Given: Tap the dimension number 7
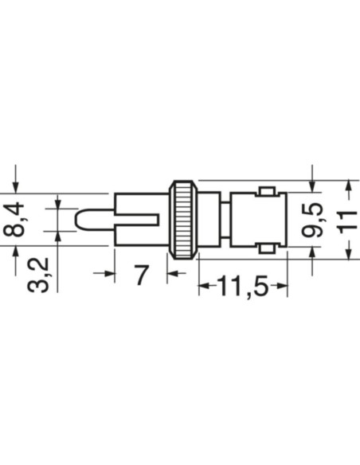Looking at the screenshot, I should [x=141, y=275].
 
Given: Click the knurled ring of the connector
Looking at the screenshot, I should [x=182, y=219].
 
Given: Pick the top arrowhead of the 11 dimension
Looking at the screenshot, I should [x=348, y=187].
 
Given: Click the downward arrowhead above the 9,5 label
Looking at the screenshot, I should [x=313, y=186].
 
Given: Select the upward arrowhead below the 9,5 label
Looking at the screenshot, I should [x=313, y=252].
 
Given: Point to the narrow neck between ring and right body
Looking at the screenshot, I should [x=225, y=219].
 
